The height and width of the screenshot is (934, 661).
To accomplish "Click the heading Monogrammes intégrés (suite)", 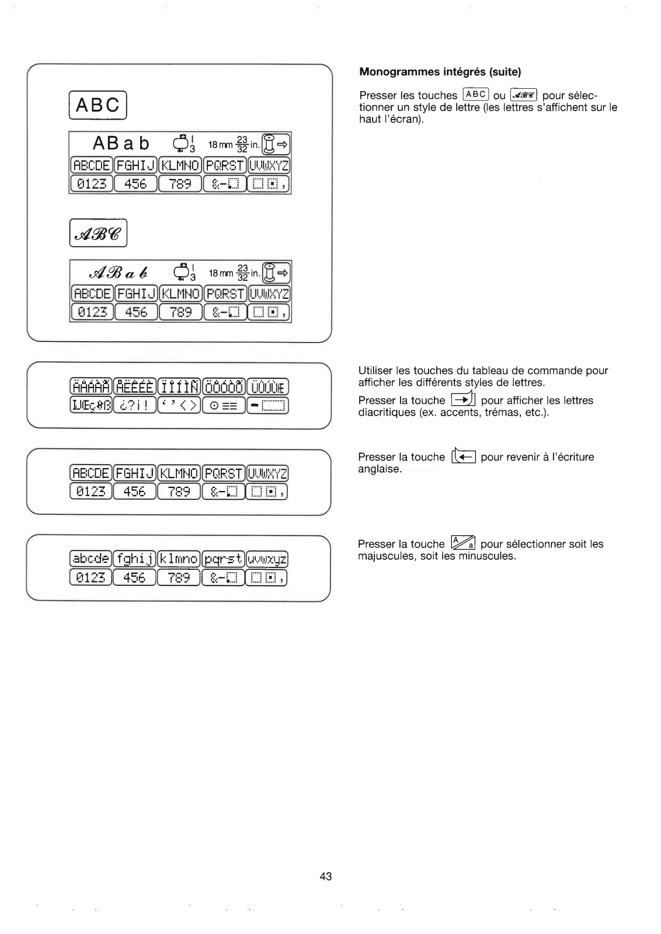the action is [440, 72].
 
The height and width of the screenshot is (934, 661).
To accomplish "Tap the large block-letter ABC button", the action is [98, 105].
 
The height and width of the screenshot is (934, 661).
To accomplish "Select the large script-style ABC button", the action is [98, 233].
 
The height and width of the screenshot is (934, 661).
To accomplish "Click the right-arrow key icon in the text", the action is [463, 400].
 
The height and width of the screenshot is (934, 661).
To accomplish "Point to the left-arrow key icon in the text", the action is [464, 457].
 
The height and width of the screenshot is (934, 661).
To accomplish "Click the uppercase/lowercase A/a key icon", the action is [463, 544].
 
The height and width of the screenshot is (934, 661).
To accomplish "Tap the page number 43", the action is [326, 876].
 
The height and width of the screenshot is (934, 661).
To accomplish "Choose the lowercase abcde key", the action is [91, 558].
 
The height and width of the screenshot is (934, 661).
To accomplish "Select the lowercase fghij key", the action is [134, 558].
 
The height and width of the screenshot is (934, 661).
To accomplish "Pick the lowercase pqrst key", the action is [223, 558].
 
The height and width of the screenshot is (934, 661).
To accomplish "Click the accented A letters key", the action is [91, 387].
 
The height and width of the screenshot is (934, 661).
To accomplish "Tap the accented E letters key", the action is [135, 387].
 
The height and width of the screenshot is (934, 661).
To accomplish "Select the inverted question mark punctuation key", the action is [135, 405].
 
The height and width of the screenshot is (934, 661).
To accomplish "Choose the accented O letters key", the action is [224, 387].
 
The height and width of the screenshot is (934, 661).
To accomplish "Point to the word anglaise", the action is [380, 469].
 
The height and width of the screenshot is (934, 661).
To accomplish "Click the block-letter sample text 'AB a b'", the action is [121, 144].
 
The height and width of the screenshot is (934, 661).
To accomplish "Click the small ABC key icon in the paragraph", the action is [475, 95].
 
